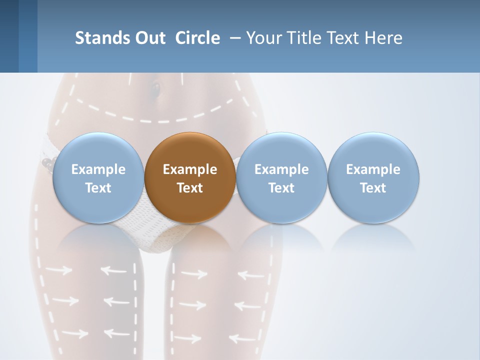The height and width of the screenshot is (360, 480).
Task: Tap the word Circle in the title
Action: (x=197, y=38)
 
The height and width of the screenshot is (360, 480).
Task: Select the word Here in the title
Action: (x=383, y=38)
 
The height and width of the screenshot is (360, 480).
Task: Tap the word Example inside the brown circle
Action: (x=190, y=169)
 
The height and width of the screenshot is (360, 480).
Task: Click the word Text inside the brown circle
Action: (x=190, y=188)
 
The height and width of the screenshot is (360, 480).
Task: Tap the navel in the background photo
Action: (x=156, y=89)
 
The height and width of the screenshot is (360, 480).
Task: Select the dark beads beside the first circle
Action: (x=47, y=163)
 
